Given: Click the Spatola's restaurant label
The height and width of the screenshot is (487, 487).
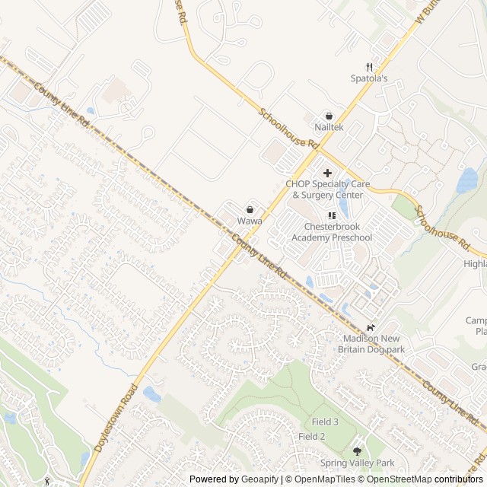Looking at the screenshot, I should pyautogui.click(x=369, y=78).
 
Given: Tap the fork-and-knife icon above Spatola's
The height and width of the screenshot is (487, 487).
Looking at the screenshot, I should pyautogui.click(x=369, y=67).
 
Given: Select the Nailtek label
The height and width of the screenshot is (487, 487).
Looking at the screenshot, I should pyautogui.click(x=329, y=127).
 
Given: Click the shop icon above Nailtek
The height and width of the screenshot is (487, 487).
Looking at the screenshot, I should pyautogui.click(x=329, y=116).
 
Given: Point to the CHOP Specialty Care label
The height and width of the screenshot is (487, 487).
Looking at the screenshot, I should pyautogui.click(x=324, y=189).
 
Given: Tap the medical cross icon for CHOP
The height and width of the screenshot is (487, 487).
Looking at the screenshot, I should pyautogui.click(x=328, y=173).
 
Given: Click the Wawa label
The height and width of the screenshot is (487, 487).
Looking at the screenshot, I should pyautogui.click(x=250, y=221).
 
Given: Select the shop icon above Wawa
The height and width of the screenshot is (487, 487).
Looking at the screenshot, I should pyautogui.click(x=250, y=209).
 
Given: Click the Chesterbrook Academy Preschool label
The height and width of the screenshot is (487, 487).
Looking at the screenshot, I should pyautogui.click(x=332, y=232).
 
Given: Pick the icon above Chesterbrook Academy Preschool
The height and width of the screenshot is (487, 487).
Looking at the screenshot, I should pyautogui.click(x=332, y=216).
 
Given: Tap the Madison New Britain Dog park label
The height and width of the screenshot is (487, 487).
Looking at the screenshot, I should pyautogui.click(x=371, y=344).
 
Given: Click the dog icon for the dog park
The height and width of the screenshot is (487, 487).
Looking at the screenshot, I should pyautogui.click(x=371, y=327).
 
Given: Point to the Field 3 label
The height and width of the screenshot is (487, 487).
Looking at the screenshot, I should pyautogui.click(x=325, y=422).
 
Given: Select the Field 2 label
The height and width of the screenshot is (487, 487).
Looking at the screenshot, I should pyautogui.click(x=312, y=436).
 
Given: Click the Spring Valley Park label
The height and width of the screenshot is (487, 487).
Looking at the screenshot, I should pyautogui.click(x=357, y=463).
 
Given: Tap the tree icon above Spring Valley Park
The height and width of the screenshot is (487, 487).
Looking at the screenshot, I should pyautogui.click(x=357, y=451).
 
